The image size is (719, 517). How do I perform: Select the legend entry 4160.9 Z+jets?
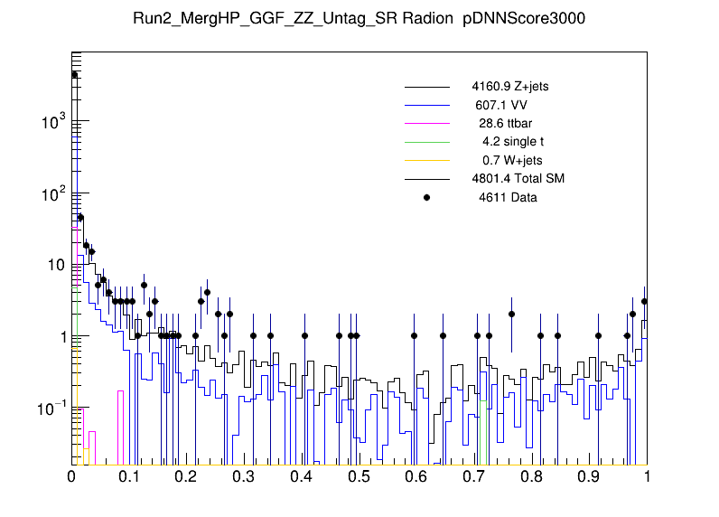pos(509,87)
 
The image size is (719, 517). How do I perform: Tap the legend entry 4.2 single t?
pos(512,141)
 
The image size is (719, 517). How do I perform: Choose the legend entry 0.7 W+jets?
pos(512,160)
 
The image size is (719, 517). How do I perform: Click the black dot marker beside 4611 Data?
pos(427,196)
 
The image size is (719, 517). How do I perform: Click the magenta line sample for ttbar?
pos(427,123)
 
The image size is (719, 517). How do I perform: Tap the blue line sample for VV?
pos(427,105)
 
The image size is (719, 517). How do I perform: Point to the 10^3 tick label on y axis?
pos(53,121)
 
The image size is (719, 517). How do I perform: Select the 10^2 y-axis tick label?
pos(53,193)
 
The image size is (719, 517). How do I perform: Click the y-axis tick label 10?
pos(57,265)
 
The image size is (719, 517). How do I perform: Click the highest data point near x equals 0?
pos(75,74)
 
